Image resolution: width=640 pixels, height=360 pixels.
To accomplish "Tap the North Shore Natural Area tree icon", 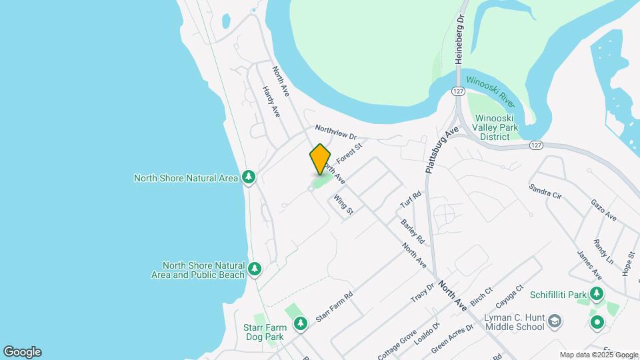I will click(x=249, y=177).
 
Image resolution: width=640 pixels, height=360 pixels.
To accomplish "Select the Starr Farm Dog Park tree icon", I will click(x=301, y=323).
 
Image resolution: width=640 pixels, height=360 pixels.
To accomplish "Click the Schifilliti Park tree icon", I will click(x=596, y=294).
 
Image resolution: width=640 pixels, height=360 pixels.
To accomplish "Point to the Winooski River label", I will click(x=491, y=91).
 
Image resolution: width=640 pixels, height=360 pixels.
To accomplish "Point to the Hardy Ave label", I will click(x=270, y=102).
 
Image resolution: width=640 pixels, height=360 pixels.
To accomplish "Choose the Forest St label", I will click(x=349, y=153).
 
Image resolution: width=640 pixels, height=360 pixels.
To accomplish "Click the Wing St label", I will click(x=344, y=204).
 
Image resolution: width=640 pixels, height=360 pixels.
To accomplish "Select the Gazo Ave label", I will click(x=603, y=209).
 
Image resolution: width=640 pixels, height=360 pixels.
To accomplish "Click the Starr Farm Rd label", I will click(x=334, y=307).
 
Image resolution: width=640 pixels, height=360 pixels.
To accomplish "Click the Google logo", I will click(x=22, y=352).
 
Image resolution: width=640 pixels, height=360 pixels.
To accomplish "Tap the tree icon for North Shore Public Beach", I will click(x=254, y=269).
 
